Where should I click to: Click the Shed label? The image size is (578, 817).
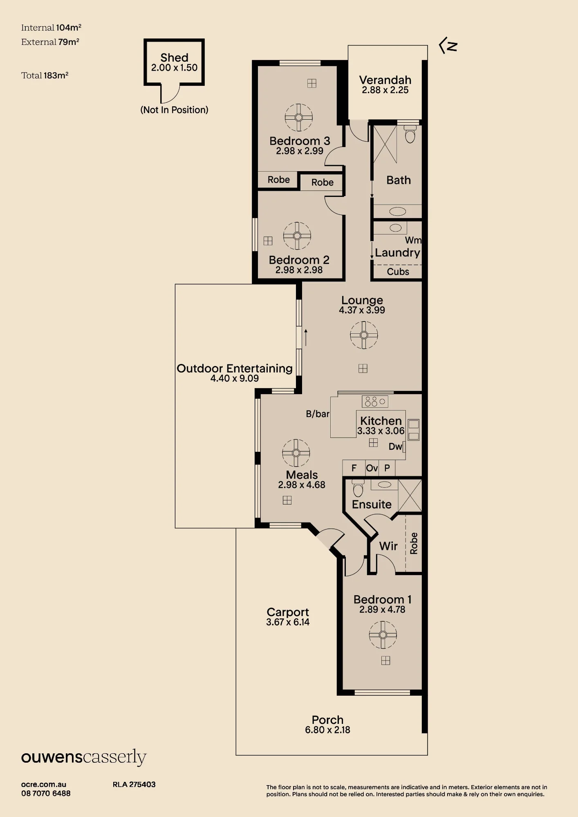coord(174,58)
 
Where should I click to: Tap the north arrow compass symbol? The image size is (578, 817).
coord(448,46)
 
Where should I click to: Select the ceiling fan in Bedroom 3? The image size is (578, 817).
coord(299,117)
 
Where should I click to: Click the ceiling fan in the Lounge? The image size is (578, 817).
coord(364,335)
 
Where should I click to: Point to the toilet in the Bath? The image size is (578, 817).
coord(410,134)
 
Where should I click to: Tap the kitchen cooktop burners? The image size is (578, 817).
coord(375,402)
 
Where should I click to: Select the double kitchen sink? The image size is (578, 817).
coord(413,430)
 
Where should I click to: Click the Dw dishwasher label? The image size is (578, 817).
coord(395,446)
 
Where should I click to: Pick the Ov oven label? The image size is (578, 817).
coord(372,468)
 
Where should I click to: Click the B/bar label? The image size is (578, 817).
coord(318,414)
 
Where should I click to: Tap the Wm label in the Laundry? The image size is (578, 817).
coord(413,240)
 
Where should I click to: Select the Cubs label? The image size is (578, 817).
coord(398,272)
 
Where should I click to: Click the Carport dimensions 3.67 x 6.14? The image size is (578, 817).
coord(288,622)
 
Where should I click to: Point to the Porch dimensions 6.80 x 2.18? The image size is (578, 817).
coord(327,730)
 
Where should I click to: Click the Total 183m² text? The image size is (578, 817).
coord(45,75)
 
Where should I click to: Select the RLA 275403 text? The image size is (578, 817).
coord(134,784)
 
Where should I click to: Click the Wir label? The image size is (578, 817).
coord(388,546)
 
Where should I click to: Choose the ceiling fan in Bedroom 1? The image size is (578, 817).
coord(383,635)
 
